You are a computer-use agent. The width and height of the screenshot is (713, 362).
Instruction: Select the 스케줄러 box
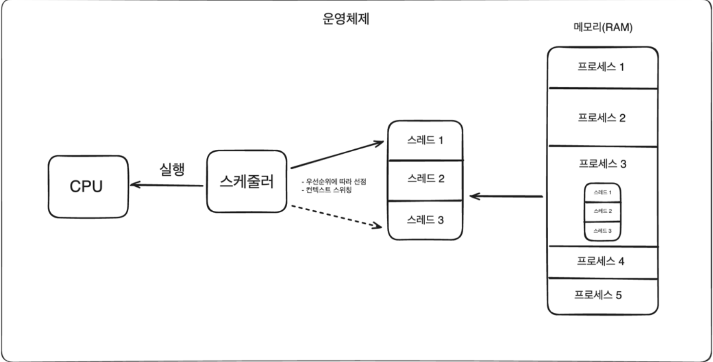(x=247, y=181)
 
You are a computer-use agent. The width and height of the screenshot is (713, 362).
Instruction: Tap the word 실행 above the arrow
(x=172, y=170)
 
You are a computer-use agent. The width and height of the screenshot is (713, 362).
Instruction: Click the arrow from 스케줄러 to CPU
(x=166, y=185)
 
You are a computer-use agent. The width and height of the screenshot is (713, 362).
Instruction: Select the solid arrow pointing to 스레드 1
(x=337, y=155)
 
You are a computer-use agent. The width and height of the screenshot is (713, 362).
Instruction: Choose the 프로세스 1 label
(x=602, y=66)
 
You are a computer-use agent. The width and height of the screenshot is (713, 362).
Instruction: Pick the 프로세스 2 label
(x=602, y=118)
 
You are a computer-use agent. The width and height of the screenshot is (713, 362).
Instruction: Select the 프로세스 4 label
(x=602, y=261)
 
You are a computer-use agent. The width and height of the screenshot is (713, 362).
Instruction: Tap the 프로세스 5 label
(x=598, y=295)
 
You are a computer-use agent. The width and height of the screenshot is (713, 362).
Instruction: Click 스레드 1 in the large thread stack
(x=425, y=141)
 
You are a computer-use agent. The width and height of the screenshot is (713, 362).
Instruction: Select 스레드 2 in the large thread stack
(x=425, y=179)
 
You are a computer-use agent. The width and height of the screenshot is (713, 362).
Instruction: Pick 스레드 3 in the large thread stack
(x=425, y=220)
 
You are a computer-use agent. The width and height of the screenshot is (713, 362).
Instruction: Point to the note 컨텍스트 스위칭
(x=327, y=190)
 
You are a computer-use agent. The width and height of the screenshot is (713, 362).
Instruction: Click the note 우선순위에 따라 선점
(x=334, y=182)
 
